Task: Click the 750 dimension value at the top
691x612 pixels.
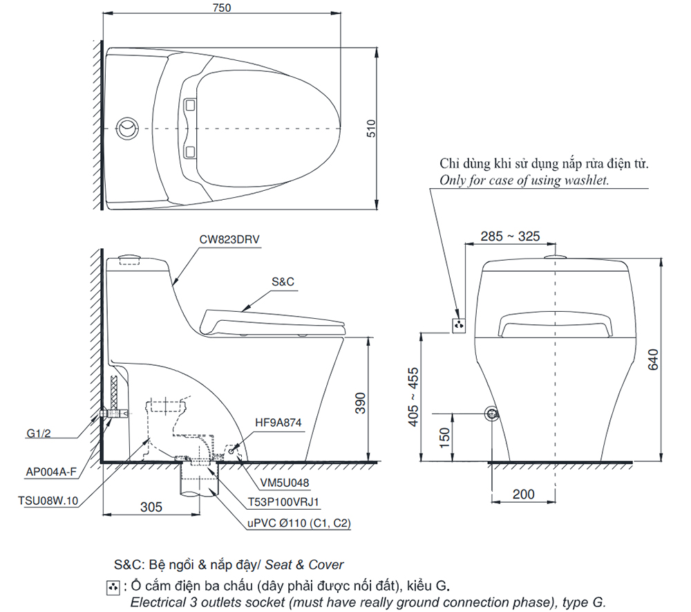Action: point(223,8)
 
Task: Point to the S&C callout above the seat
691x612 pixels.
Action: point(283,282)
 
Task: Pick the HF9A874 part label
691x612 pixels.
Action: point(278,422)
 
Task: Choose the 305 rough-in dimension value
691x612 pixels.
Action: point(150,507)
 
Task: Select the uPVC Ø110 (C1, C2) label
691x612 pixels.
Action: point(299,523)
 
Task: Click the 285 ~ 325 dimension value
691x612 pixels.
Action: point(510,237)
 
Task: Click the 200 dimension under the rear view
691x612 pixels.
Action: point(523,494)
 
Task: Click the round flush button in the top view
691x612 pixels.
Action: point(128,129)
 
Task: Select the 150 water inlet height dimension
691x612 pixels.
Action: point(445,436)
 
